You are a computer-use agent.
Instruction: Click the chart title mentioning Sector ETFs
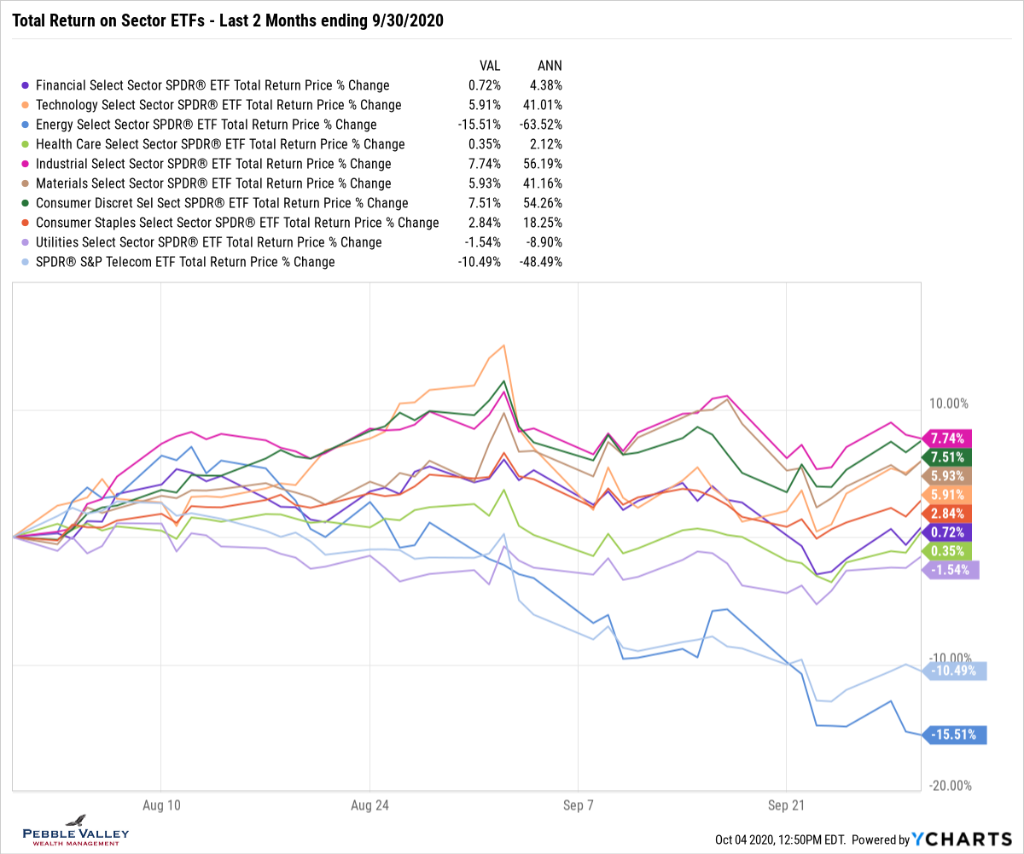227,20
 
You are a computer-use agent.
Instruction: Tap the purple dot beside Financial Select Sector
25,85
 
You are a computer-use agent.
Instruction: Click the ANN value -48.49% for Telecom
541,262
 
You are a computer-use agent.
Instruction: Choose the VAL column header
489,66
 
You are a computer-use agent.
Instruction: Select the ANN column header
550,66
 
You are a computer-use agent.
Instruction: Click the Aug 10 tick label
161,804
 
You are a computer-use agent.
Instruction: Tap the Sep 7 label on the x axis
578,804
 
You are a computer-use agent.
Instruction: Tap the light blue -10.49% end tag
954,671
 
